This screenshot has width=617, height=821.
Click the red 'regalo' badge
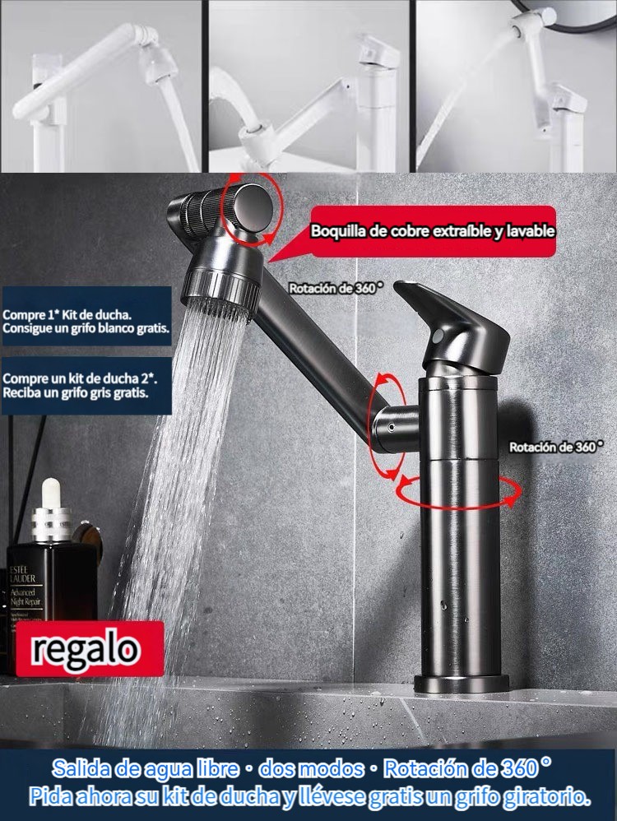[x=90, y=648]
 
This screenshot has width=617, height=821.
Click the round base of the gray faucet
[x=461, y=684]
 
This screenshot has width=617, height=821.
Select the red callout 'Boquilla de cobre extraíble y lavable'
[x=433, y=231]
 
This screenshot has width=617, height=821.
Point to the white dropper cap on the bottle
[x=51, y=493]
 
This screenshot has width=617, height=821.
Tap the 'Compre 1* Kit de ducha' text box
[x=86, y=316]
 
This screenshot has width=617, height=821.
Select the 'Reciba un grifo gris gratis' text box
[x=86, y=386]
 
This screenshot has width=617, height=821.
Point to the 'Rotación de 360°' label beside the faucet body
[x=556, y=447]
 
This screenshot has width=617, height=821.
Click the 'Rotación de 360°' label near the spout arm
[x=336, y=287]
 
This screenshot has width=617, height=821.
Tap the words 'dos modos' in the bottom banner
[x=312, y=768]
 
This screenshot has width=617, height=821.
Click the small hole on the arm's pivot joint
[x=392, y=428]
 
